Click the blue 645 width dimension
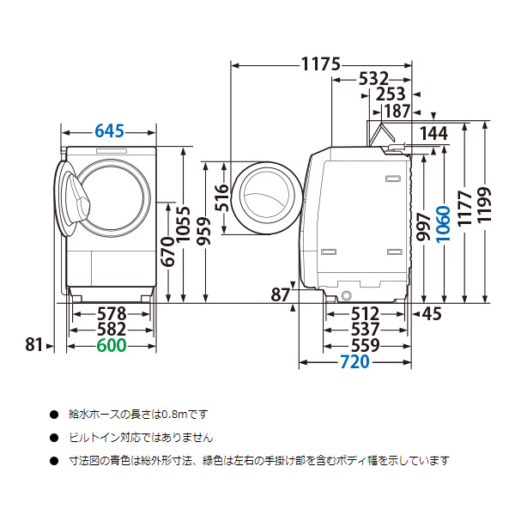(x=110, y=131)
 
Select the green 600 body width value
(x=111, y=345)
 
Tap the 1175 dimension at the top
(x=321, y=64)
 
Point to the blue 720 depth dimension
(x=353, y=363)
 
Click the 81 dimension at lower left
(x=33, y=345)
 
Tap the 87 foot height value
(x=280, y=295)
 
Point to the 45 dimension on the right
(x=431, y=314)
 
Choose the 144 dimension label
(x=434, y=132)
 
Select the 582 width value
(x=111, y=329)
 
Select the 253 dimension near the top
(x=391, y=94)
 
